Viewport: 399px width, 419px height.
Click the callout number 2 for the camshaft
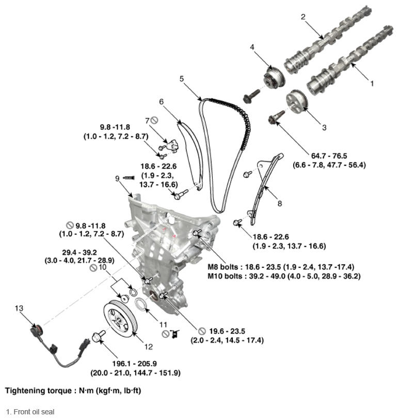pyautogui.click(x=303, y=17)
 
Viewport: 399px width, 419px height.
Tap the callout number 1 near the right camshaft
pyautogui.click(x=371, y=82)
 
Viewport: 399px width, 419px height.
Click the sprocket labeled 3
pyautogui.click(x=295, y=101)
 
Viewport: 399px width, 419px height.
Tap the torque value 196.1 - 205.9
pyautogui.click(x=136, y=364)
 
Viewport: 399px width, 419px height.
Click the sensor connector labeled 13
pyautogui.click(x=36, y=330)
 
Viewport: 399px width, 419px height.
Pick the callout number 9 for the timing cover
pyautogui.click(x=118, y=178)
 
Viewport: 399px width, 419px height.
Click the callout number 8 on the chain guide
pyautogui.click(x=279, y=203)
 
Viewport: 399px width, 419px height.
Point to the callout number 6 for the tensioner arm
pyautogui.click(x=161, y=102)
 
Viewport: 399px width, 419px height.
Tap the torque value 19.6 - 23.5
pyautogui.click(x=227, y=332)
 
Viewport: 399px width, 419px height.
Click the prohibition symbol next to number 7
pyautogui.click(x=154, y=121)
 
